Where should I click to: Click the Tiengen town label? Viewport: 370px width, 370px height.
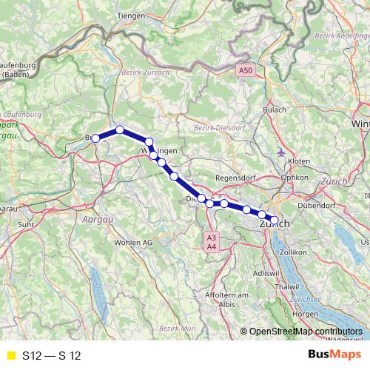tap(129, 15)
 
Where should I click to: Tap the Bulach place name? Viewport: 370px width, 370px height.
tap(275, 111)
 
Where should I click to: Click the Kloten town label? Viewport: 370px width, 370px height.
tap(298, 161)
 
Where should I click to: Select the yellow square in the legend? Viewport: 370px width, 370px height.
tap(10, 355)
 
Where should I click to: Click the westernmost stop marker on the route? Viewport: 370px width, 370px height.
tap(95, 138)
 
